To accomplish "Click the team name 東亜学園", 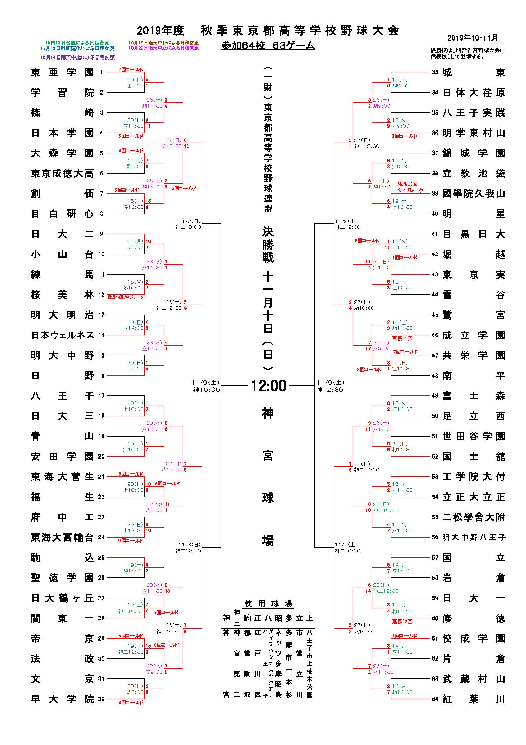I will (x=62, y=72).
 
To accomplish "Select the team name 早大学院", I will (x=62, y=699).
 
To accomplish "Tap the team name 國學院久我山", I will (x=474, y=194).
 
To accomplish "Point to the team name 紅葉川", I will (x=474, y=699).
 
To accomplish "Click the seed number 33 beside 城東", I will (x=435, y=72).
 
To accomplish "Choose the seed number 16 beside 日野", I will (x=102, y=375).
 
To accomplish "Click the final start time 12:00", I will (x=269, y=386).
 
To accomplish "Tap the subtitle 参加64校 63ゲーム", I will (x=268, y=46).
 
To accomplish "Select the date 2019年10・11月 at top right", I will (x=472, y=38).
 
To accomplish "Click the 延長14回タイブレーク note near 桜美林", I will (x=126, y=297).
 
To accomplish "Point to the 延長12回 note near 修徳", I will (x=402, y=621).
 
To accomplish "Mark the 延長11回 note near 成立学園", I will (x=402, y=338).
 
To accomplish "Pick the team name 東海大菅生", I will (x=62, y=477).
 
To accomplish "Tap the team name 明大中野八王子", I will (x=474, y=537).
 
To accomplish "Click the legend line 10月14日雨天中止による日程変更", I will (x=77, y=57).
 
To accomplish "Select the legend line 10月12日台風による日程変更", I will (x=77, y=43).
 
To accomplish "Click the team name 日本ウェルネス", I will (x=62, y=335).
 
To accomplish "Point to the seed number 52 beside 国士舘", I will (x=435, y=457).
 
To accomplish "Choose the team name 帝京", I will (x=62, y=638).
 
